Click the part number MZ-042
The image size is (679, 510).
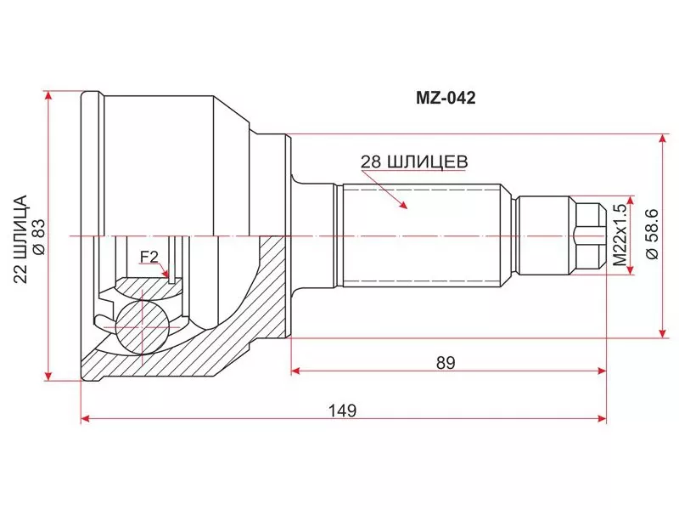pyautogui.click(x=446, y=98)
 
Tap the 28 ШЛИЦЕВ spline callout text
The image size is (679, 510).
pyautogui.click(x=414, y=161)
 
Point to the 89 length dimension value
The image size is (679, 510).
pyautogui.click(x=446, y=363)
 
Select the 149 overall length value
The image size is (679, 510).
pyautogui.click(x=342, y=410)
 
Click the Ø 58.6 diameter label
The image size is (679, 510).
pyautogui.click(x=652, y=234)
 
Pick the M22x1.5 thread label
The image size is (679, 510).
pyautogui.click(x=620, y=235)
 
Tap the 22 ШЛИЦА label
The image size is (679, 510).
pyautogui.click(x=20, y=239)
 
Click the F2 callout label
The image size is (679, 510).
pyautogui.click(x=149, y=258)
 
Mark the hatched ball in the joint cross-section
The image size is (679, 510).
pyautogui.click(x=142, y=327)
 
